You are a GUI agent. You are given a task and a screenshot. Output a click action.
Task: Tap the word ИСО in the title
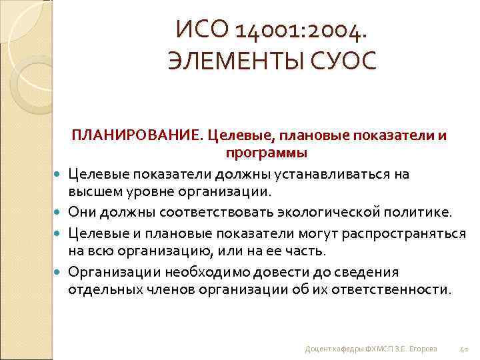click(x=201, y=29)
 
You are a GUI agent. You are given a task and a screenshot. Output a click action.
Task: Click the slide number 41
click(x=465, y=348)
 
